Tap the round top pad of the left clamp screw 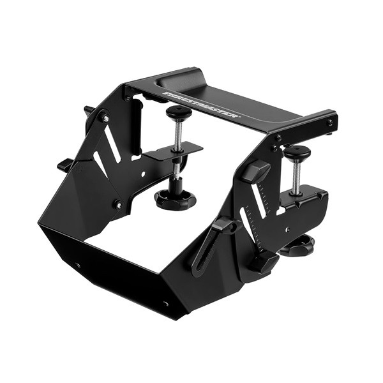179,112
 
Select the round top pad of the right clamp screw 297,151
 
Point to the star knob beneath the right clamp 297,245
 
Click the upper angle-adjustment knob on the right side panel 256,171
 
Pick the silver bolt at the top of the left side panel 105,117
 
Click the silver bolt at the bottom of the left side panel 118,205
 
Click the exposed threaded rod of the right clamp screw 296,177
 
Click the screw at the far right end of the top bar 330,122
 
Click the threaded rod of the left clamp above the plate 179,133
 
